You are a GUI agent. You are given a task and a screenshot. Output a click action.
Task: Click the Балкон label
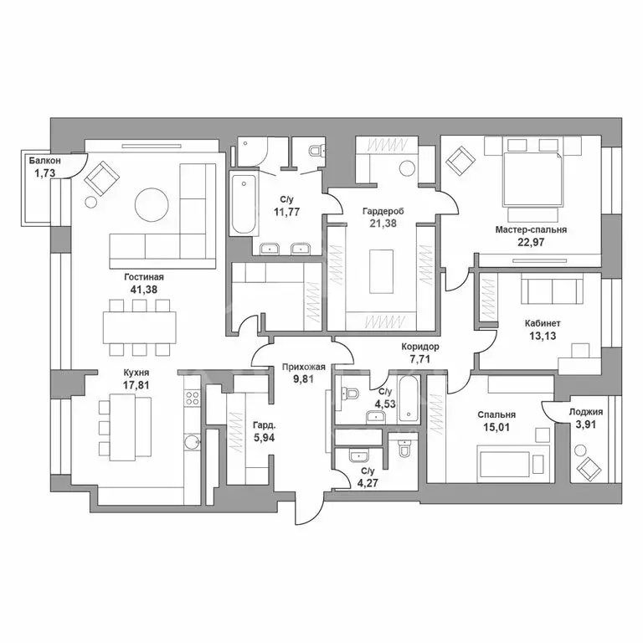44,161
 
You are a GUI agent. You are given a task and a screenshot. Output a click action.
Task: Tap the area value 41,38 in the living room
143,290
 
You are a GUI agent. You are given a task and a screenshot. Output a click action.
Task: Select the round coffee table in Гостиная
152,205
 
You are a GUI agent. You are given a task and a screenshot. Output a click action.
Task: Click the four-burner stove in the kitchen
193,398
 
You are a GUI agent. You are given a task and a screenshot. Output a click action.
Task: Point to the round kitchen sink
192,442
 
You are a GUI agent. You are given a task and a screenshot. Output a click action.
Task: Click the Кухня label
136,373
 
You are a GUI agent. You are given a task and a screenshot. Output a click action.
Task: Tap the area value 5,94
264,438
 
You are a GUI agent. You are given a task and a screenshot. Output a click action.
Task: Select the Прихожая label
303,367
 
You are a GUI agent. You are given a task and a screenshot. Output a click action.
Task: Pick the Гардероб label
383,212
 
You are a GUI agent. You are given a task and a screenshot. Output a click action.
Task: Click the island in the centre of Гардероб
381,271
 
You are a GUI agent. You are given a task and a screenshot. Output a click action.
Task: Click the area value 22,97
531,242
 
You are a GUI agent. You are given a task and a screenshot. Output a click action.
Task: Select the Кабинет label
543,323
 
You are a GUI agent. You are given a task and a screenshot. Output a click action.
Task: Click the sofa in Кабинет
552,289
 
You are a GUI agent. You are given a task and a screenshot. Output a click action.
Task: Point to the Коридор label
420,347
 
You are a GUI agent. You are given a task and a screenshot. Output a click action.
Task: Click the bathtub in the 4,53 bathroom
408,399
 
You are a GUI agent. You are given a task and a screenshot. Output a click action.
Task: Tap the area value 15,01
496,428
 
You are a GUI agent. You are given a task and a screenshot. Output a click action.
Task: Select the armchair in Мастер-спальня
461,161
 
